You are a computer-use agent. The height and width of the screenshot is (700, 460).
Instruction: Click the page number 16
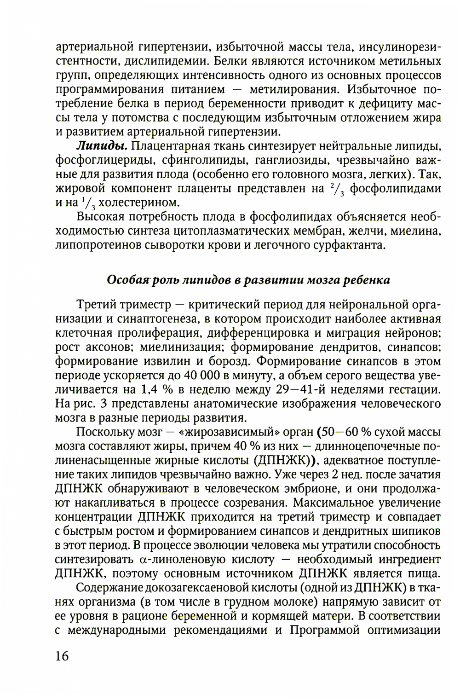62,655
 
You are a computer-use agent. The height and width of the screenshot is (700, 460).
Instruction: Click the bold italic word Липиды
102,146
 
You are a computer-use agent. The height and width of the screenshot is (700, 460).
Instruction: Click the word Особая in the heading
123,280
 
